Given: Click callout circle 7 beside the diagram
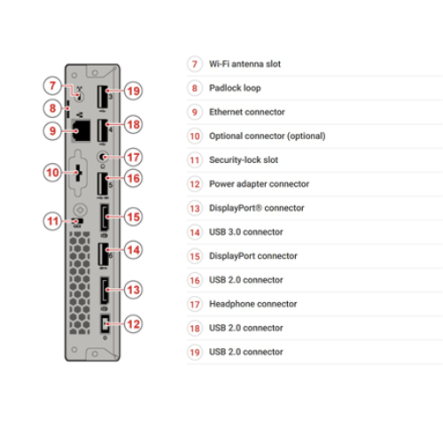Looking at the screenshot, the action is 52,86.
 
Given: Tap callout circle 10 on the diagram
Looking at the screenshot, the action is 52,173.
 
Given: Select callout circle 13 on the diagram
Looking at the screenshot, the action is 133,290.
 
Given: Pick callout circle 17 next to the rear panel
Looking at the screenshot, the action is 133,157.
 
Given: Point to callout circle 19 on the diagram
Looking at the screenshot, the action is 133,90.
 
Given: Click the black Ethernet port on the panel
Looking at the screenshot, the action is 81,131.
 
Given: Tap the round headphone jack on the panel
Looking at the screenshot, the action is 103,157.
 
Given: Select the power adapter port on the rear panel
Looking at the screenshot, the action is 105,324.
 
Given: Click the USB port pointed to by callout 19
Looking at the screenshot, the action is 103,97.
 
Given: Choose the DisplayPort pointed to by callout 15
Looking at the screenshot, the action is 105,217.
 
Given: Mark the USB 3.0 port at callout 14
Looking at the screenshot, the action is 103,253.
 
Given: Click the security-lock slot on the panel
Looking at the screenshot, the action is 78,221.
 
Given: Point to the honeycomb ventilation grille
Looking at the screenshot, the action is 80,283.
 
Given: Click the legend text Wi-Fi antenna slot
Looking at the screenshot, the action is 245,64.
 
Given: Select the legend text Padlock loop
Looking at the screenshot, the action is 235,88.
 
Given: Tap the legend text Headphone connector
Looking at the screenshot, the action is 253,304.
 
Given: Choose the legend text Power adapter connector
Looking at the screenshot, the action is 260,184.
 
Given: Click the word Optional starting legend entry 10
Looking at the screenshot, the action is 226,136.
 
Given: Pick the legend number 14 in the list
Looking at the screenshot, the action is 195,232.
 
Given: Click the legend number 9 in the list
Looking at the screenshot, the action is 195,113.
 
